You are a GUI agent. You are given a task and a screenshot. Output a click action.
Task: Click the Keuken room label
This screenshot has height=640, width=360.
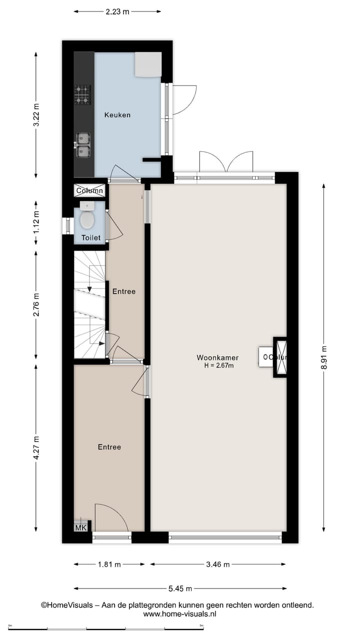click(117, 115)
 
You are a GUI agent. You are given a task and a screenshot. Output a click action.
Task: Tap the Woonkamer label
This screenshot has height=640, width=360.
click(217, 357)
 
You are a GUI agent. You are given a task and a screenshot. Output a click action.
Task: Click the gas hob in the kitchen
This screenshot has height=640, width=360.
click(82, 94)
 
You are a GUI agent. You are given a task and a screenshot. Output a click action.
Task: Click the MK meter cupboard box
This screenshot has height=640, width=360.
click(80, 527)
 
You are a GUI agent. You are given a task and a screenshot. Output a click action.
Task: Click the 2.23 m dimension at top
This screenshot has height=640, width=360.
click(117, 11)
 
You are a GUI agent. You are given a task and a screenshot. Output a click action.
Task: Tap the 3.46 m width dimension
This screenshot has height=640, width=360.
click(217, 564)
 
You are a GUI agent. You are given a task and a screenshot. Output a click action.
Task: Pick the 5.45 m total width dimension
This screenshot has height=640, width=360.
click(179, 589)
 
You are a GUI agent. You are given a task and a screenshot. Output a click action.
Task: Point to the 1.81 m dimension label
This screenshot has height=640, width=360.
click(109, 564)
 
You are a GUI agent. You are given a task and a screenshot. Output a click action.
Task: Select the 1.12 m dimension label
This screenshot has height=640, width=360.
click(36, 223)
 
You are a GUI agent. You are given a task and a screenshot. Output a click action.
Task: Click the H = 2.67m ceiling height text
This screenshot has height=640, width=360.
click(217, 365)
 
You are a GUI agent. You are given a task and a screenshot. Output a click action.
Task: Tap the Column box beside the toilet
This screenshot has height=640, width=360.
click(90, 190)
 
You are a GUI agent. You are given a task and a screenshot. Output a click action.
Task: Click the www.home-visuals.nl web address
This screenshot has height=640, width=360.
click(179, 613)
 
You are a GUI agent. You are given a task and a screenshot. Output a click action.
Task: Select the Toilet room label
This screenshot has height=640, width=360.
click(91, 238)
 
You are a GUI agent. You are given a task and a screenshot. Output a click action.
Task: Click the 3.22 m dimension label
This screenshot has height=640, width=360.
click(36, 115)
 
